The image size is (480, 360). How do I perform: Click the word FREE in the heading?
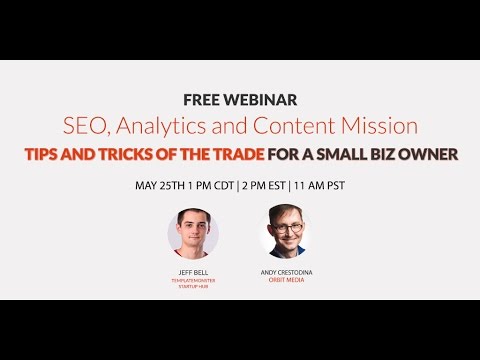(x=200, y=101)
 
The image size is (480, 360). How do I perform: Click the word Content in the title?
(x=284, y=126)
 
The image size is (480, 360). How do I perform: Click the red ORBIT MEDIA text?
(x=285, y=279)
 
